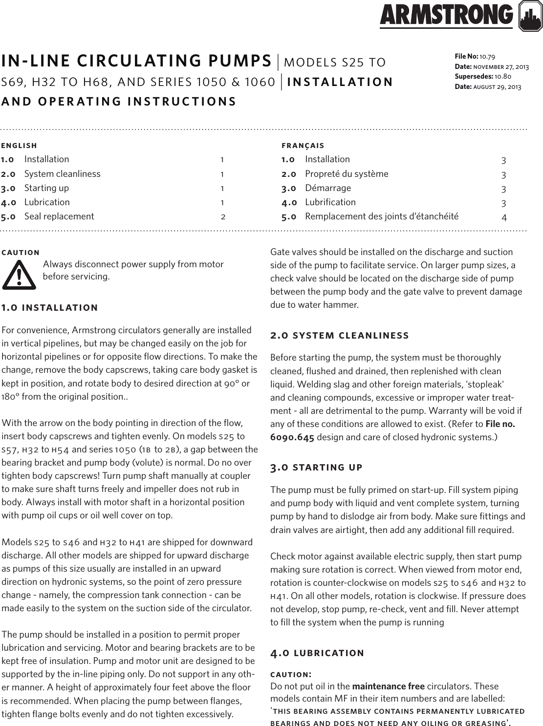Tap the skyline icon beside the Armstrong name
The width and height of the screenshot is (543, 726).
529,18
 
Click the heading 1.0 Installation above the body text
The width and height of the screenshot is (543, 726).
49,308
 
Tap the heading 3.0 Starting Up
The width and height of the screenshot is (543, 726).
316,468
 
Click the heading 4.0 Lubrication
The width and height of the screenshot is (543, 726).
317,653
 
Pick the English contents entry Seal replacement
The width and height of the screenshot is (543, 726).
59,216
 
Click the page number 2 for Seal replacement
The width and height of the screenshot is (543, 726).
223,216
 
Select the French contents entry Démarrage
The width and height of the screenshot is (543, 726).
328,188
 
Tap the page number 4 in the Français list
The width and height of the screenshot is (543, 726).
504,217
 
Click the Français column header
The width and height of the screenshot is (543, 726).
303,146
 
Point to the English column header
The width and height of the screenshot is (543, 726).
19,146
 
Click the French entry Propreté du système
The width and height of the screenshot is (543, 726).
347,174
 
